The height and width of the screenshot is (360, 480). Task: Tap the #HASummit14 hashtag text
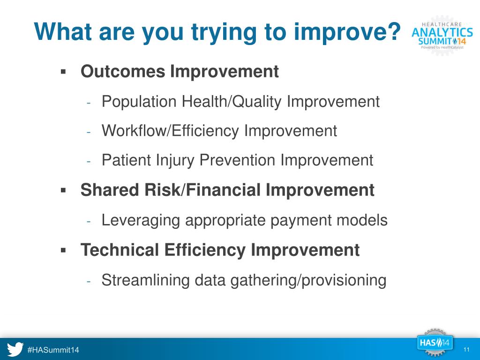tap(53, 350)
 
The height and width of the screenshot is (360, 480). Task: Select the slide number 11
tap(466, 350)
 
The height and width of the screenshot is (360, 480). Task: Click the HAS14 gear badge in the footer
tap(435, 343)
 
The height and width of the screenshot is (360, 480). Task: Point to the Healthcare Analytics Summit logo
tap(442, 36)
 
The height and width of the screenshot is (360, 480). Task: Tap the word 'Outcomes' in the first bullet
tap(123, 71)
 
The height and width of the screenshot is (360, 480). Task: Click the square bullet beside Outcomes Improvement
tap(63, 72)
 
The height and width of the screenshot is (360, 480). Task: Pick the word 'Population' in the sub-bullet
tap(139, 102)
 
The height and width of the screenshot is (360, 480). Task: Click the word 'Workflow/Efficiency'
tap(170, 131)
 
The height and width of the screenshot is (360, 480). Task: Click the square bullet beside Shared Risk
tap(63, 191)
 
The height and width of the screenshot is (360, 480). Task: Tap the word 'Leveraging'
tap(141, 220)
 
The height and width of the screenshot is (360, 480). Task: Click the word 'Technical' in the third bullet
tap(120, 249)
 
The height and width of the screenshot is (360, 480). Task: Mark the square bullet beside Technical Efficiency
tap(63, 250)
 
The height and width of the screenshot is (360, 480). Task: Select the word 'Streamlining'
tap(145, 280)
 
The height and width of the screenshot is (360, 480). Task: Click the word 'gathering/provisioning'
tap(308, 280)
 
